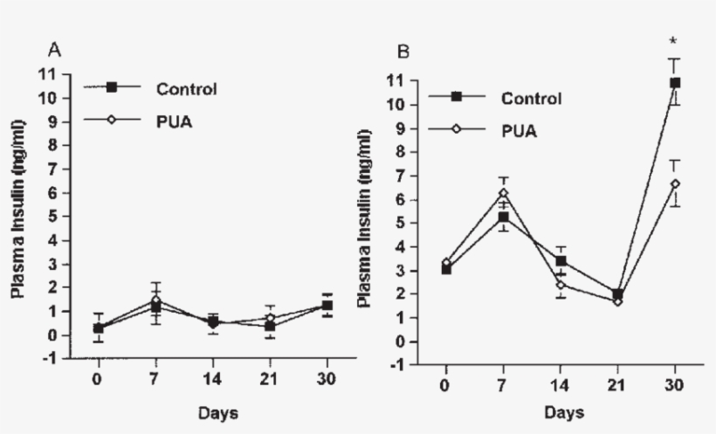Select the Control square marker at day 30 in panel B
coord(674,83)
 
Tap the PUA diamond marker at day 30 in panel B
coord(674,183)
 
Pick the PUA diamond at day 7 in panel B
coord(502,193)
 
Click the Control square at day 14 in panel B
coord(560,261)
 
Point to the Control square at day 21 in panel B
coord(617,294)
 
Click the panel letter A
coord(54,51)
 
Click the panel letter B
coord(403,52)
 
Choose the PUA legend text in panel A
coord(175,121)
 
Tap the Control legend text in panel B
coord(530,97)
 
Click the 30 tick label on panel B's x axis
coord(674,386)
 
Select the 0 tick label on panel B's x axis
coord(445,386)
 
